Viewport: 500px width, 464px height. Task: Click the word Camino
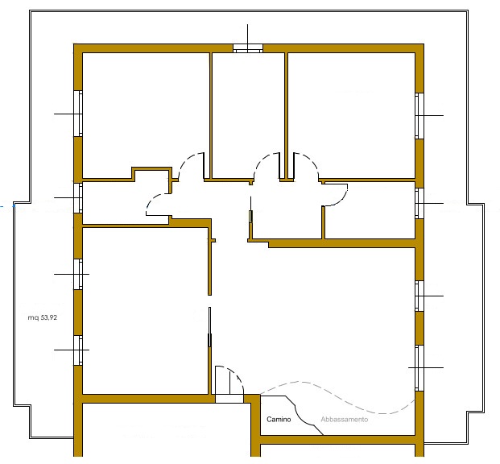coord(279,420)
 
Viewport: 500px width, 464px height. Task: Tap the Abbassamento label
coord(344,420)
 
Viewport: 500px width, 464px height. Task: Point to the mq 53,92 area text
coord(43,318)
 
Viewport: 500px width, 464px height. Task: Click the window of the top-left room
coord(78,114)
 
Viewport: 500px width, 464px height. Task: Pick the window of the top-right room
coord(419,115)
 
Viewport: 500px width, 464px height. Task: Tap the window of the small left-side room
coord(78,197)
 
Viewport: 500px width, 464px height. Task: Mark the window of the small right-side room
coord(419,203)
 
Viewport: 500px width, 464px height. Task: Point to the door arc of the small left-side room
coord(154,204)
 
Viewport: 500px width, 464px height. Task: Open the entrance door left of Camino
coord(229,382)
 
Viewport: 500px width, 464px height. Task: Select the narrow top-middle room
coord(248,113)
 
